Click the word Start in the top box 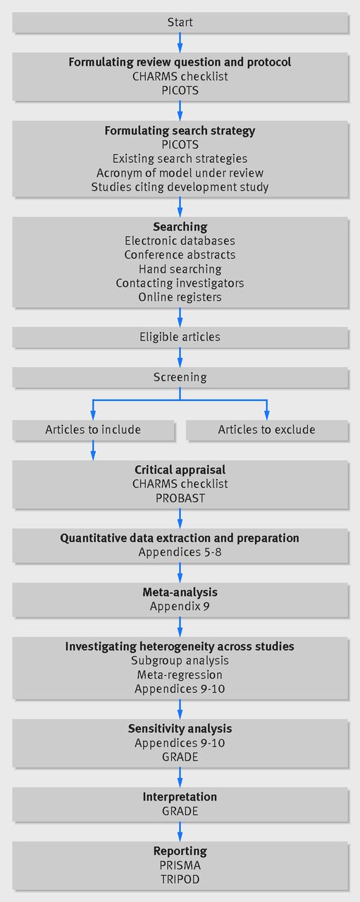[x=180, y=22]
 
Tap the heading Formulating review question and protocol [x=180, y=62]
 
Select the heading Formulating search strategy [x=180, y=130]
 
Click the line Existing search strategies [x=180, y=159]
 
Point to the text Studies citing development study [x=180, y=187]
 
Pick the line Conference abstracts [x=180, y=255]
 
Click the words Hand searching [x=180, y=269]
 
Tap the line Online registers [x=180, y=297]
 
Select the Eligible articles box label [x=180, y=337]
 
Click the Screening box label [x=180, y=377]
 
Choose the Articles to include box [x=93, y=430]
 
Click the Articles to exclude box [x=266, y=430]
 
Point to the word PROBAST [x=180, y=498]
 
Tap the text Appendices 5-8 [x=180, y=552]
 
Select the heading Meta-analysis [x=180, y=593]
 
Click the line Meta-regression [x=180, y=675]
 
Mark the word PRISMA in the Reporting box [x=180, y=865]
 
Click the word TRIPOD [x=180, y=879]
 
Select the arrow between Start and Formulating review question [x=180, y=42]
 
